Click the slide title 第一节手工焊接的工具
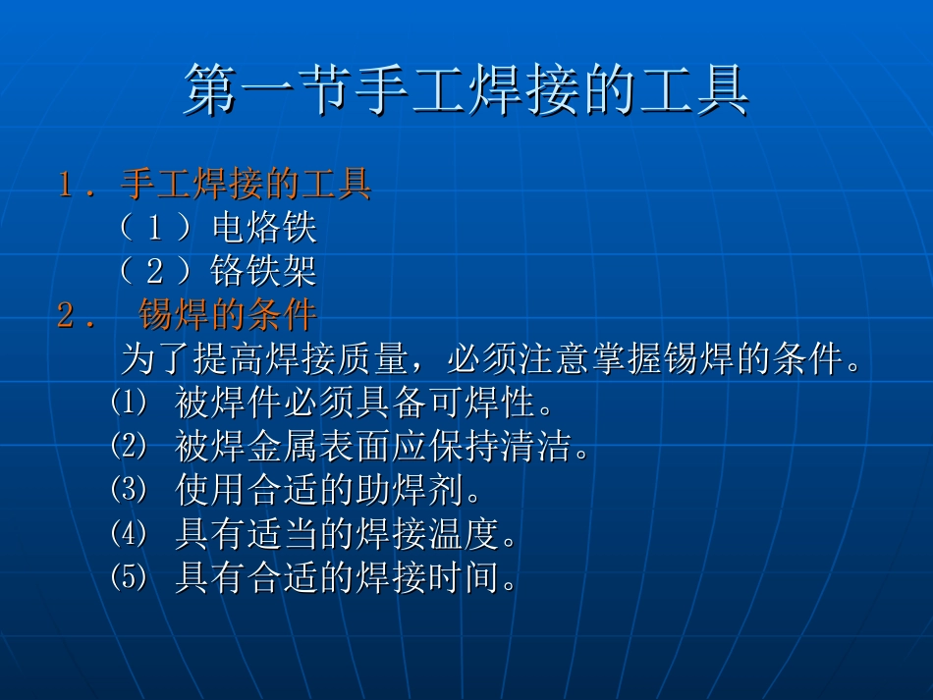pyautogui.click(x=466, y=91)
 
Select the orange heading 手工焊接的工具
pyautogui.click(x=246, y=184)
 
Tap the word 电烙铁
pyautogui.click(x=264, y=228)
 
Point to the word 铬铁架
pyautogui.click(x=263, y=271)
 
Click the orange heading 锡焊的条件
pyautogui.click(x=228, y=315)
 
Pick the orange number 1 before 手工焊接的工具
pyautogui.click(x=67, y=185)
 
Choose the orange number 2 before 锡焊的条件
pyautogui.click(x=67, y=316)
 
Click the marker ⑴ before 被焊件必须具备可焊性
pyautogui.click(x=128, y=402)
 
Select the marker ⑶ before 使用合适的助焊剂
pyautogui.click(x=128, y=490)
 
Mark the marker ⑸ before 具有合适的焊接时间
pyautogui.click(x=128, y=578)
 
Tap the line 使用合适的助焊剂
pyautogui.click(x=329, y=491)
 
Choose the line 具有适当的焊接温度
pyautogui.click(x=347, y=535)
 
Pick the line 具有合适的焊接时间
pyautogui.click(x=347, y=579)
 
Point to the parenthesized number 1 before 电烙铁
pyautogui.click(x=155, y=229)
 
